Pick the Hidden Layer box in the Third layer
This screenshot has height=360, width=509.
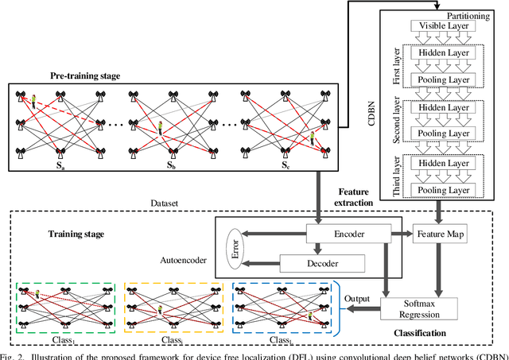(x=449, y=163)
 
